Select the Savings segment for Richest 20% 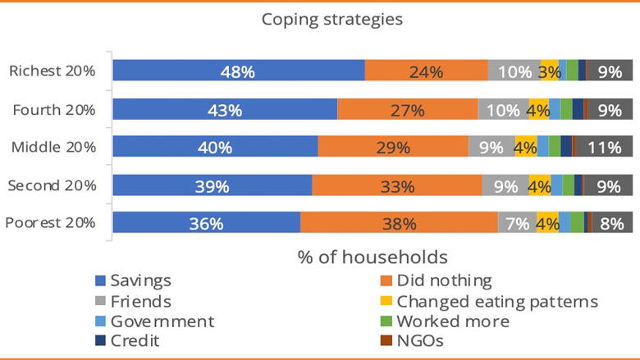point(238,71)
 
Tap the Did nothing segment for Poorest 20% point(399,223)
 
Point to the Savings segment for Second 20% point(212,186)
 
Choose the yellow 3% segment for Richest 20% point(549,71)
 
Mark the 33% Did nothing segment point(397,186)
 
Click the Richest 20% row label point(53,71)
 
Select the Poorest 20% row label point(51,223)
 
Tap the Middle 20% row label point(53,148)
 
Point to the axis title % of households point(372,257)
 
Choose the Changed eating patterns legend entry point(496,301)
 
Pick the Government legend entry point(155,321)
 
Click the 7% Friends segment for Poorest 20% point(517,223)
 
